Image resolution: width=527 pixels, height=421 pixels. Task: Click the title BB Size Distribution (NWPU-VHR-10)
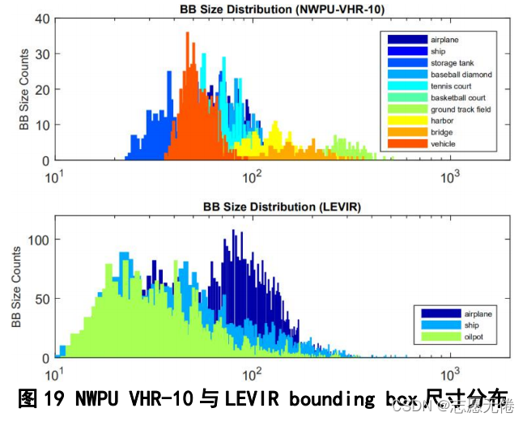pyautogui.click(x=282, y=9)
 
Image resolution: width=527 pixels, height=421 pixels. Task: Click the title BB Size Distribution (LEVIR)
pyautogui.click(x=282, y=206)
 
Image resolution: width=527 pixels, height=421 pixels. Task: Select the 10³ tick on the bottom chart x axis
pyautogui.click(x=451, y=373)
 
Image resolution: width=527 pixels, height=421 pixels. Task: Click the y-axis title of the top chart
pyautogui.click(x=24, y=89)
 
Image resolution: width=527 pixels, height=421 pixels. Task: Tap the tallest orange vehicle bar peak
pyautogui.click(x=187, y=34)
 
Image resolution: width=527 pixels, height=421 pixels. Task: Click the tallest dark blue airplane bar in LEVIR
pyautogui.click(x=233, y=232)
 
